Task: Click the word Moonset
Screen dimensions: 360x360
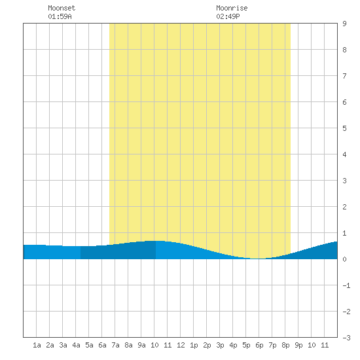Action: pyautogui.click(x=62, y=8)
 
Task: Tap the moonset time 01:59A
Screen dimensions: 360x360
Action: pyautogui.click(x=60, y=16)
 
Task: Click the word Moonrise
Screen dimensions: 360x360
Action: pyautogui.click(x=232, y=8)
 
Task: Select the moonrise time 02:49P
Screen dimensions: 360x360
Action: pyautogui.click(x=228, y=16)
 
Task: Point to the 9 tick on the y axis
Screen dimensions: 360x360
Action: pyautogui.click(x=344, y=24)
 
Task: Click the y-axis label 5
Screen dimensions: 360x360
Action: pyautogui.click(x=344, y=128)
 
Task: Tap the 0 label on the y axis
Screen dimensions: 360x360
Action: pyautogui.click(x=344, y=259)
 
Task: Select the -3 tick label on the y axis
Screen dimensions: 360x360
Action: pyautogui.click(x=346, y=338)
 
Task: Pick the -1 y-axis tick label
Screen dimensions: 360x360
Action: pyautogui.click(x=346, y=285)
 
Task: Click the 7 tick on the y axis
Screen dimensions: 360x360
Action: pyautogui.click(x=344, y=76)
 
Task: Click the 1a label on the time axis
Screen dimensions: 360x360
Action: pyautogui.click(x=37, y=345)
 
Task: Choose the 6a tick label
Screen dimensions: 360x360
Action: pyautogui.click(x=102, y=345)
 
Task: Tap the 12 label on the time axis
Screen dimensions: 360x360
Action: pyautogui.click(x=181, y=345)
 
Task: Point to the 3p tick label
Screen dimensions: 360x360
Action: pyautogui.click(x=220, y=345)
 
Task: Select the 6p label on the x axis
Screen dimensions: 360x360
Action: pyautogui.click(x=259, y=345)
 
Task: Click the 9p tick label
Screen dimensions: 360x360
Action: pyautogui.click(x=298, y=345)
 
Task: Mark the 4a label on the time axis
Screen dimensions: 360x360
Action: pyautogui.click(x=76, y=345)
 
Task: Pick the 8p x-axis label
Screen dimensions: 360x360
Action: pyautogui.click(x=285, y=345)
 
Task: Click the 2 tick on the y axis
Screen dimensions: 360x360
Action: pyautogui.click(x=344, y=207)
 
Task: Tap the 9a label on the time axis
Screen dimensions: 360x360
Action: pyautogui.click(x=141, y=345)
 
